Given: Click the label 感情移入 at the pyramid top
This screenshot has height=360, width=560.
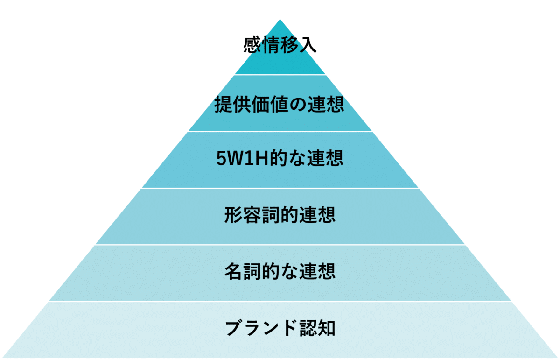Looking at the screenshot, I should point(280,46).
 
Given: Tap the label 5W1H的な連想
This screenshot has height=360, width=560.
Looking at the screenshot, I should point(280,159).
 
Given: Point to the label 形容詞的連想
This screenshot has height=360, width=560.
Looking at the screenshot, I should point(280,215).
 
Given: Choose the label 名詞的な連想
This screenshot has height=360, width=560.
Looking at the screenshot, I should point(280,271).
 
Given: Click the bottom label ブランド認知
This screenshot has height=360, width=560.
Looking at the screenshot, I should point(280,328).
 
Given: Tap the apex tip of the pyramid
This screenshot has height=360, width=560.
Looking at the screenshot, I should point(280,19).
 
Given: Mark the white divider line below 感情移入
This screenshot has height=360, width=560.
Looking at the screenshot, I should point(280,75).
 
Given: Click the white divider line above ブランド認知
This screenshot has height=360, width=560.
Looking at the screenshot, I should point(280,301).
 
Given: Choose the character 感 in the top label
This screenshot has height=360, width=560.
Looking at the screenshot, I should point(252,46).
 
